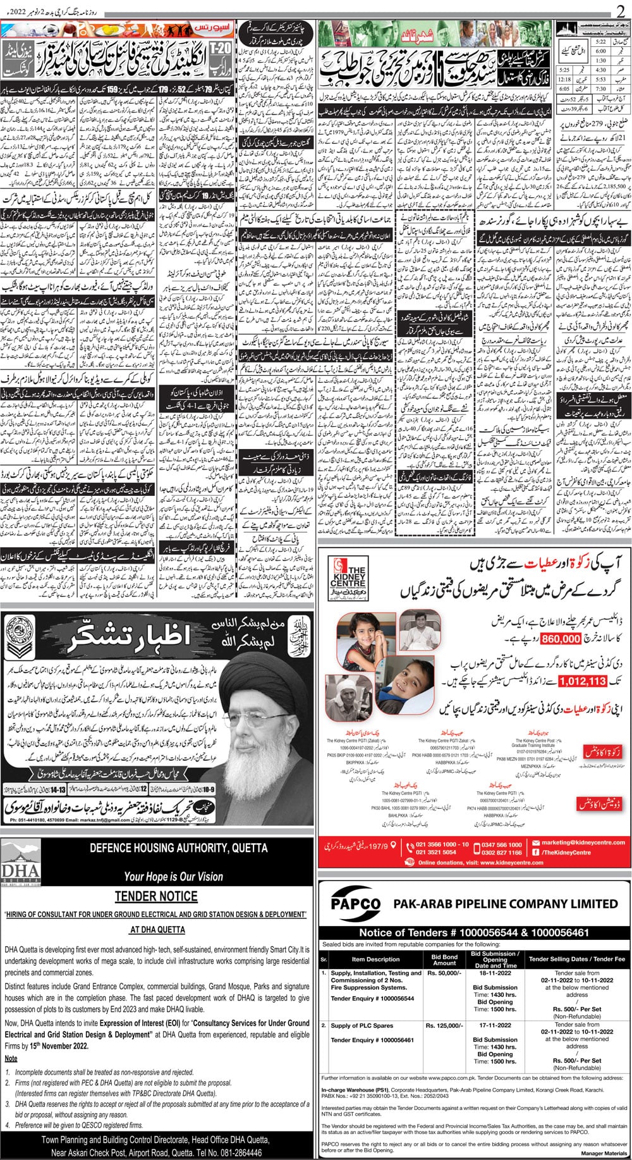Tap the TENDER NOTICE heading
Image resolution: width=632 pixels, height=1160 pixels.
click(x=156, y=896)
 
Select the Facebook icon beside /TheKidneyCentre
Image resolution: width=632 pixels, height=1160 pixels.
click(x=535, y=853)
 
